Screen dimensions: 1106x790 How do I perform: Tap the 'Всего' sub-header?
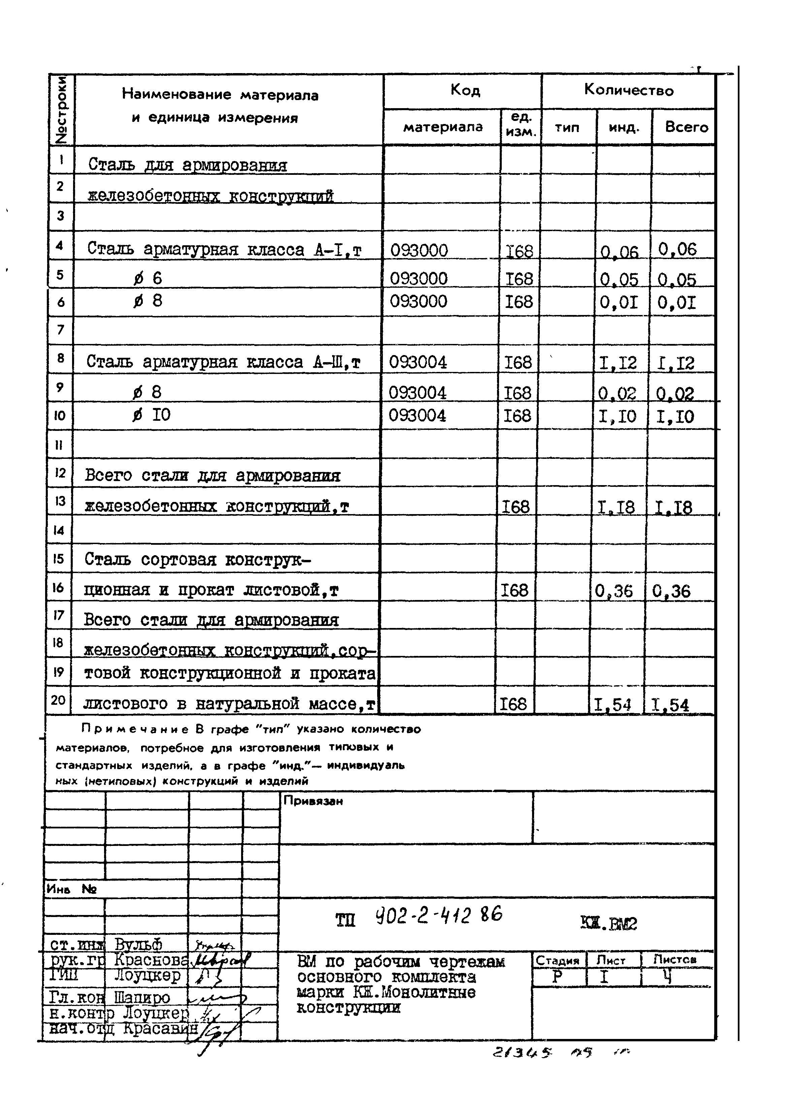click(686, 127)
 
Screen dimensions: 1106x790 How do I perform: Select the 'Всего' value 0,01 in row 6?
click(677, 303)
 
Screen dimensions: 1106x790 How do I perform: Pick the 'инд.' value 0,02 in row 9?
click(617, 393)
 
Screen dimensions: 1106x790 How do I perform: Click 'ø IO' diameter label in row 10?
click(152, 415)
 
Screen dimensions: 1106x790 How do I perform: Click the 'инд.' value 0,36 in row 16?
click(614, 591)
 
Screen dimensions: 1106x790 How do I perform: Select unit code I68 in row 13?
click(515, 507)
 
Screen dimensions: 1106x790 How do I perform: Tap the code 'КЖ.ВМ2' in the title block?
click(608, 923)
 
